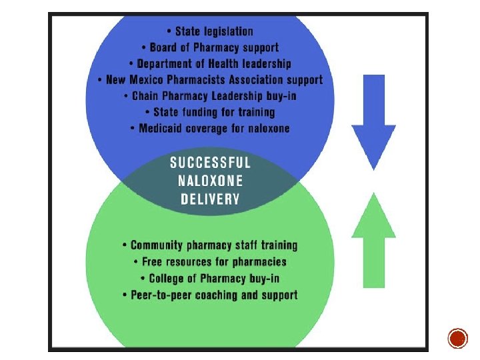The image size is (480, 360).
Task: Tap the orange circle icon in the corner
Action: point(458,338)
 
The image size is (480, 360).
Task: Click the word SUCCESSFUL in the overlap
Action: point(210,162)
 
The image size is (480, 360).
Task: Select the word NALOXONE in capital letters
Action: point(210,180)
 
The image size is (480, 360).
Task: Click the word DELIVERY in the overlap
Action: point(210,198)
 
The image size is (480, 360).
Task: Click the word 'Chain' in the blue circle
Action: point(147,96)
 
